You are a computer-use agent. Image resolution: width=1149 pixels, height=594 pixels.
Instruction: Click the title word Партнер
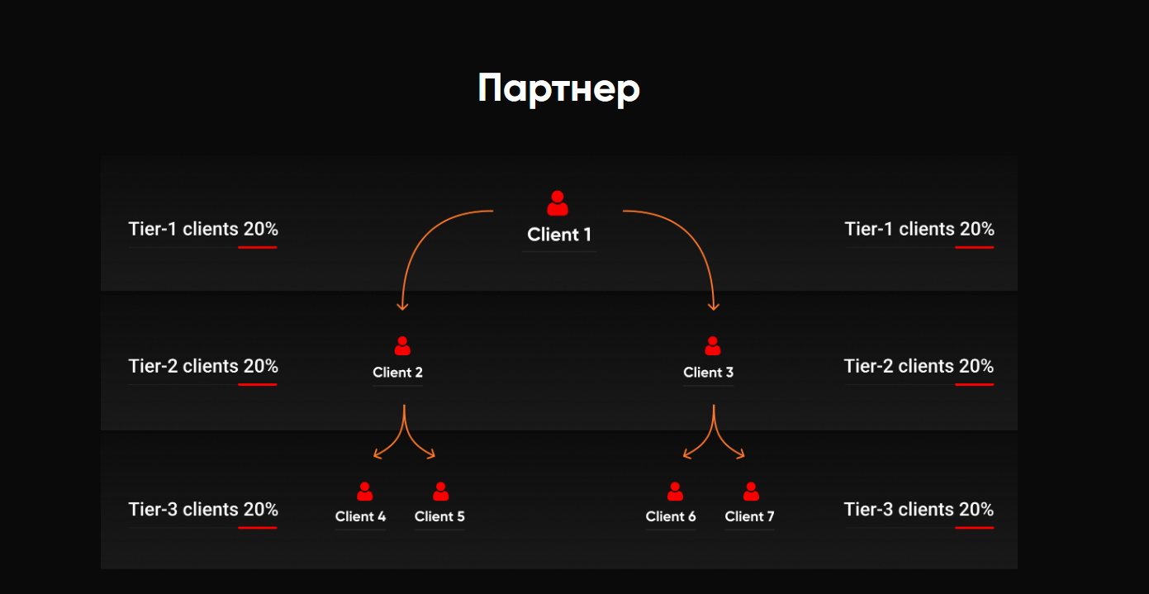point(558,88)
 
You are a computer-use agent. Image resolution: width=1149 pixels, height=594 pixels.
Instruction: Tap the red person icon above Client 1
point(558,203)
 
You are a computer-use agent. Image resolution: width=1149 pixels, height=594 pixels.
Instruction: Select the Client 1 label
point(559,235)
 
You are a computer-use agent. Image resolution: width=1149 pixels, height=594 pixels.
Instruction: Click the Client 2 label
point(397,372)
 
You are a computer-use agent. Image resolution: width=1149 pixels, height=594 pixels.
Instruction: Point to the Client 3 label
point(709,372)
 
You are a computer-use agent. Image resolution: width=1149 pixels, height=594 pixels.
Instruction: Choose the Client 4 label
point(360,516)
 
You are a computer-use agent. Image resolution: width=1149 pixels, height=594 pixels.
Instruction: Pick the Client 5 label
point(439,516)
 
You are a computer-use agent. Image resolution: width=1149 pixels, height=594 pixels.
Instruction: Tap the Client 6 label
point(671,516)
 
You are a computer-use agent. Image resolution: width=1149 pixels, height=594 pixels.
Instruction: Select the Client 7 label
point(749,516)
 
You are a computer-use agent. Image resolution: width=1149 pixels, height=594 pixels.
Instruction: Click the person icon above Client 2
point(402,346)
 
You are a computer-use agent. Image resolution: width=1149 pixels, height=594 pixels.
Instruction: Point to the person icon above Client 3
point(713,346)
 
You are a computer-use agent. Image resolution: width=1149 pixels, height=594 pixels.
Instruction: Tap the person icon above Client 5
point(440,492)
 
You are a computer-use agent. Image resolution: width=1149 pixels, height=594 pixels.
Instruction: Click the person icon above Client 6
point(675,492)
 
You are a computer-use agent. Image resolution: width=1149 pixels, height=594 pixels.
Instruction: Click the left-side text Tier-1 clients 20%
point(203,229)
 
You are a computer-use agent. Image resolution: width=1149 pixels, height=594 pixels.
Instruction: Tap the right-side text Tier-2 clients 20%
point(919,366)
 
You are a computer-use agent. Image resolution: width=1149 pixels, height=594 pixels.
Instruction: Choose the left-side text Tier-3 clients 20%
point(203,510)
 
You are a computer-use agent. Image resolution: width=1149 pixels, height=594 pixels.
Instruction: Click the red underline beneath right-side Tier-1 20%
point(974,247)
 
